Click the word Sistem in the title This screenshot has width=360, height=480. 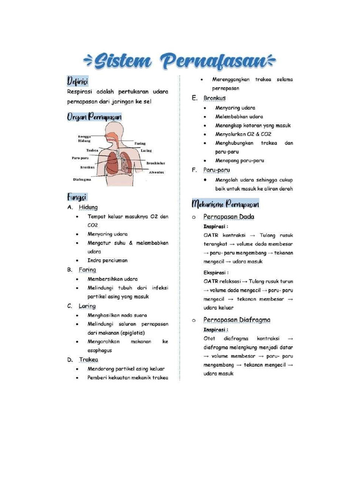(x=123, y=61)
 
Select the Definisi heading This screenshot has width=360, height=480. (x=77, y=81)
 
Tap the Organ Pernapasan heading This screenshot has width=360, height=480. (x=94, y=117)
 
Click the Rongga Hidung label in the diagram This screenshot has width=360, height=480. (x=84, y=138)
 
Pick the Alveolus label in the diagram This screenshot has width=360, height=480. (x=156, y=172)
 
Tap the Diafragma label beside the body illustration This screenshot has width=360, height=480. (x=82, y=179)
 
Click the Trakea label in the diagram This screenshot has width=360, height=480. (x=92, y=150)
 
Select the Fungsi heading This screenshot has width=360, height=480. (x=77, y=196)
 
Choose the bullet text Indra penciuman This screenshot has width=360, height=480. (x=107, y=260)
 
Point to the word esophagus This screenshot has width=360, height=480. (x=99, y=350)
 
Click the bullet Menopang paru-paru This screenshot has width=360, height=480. (x=240, y=160)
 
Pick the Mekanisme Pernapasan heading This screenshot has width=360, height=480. (x=225, y=204)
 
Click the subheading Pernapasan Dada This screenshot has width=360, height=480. (x=229, y=217)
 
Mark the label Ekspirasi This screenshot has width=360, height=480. (x=216, y=272)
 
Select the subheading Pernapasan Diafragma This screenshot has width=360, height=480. (x=237, y=320)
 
